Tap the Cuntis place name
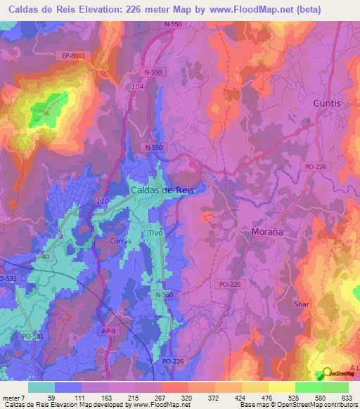tap(326, 103)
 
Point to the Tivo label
tap(156, 233)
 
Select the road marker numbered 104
tap(137, 86)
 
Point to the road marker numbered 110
tap(102, 202)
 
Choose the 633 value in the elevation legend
tap(347, 397)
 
